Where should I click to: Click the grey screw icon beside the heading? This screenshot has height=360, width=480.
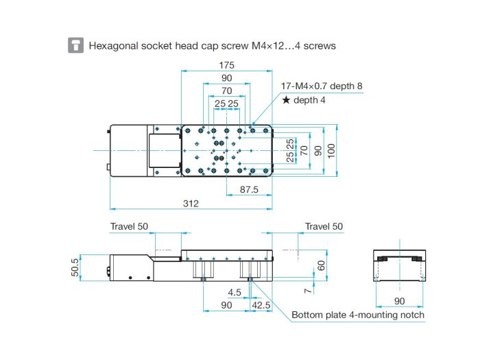[x=75, y=45]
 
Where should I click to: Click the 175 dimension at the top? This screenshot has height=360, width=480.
[x=226, y=65]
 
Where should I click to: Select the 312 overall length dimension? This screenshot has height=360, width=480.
[x=191, y=204]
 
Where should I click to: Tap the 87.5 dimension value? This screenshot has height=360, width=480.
[x=249, y=189]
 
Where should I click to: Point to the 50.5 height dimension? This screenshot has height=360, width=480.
[x=75, y=267]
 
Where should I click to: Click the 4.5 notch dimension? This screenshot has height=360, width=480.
[x=235, y=292]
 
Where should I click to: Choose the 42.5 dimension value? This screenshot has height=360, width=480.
[x=261, y=305]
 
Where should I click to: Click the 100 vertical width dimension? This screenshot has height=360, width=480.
[x=331, y=151]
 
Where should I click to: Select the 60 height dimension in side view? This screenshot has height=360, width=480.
[x=321, y=265]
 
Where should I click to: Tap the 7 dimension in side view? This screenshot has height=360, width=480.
[x=309, y=291]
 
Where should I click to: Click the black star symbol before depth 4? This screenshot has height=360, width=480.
[x=286, y=100]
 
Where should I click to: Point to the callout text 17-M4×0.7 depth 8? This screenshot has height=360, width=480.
[x=322, y=86]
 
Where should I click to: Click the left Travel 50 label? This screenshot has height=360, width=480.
[x=129, y=226]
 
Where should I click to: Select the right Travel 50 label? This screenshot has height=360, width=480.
[x=324, y=226]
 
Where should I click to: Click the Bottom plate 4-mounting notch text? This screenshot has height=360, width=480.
[x=358, y=315]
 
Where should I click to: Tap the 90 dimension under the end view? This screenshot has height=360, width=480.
[x=400, y=301]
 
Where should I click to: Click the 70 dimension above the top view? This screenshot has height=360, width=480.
[x=226, y=91]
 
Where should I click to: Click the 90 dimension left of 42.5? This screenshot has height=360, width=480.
[x=226, y=305]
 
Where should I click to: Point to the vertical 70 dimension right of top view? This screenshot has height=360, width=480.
[x=304, y=150]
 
